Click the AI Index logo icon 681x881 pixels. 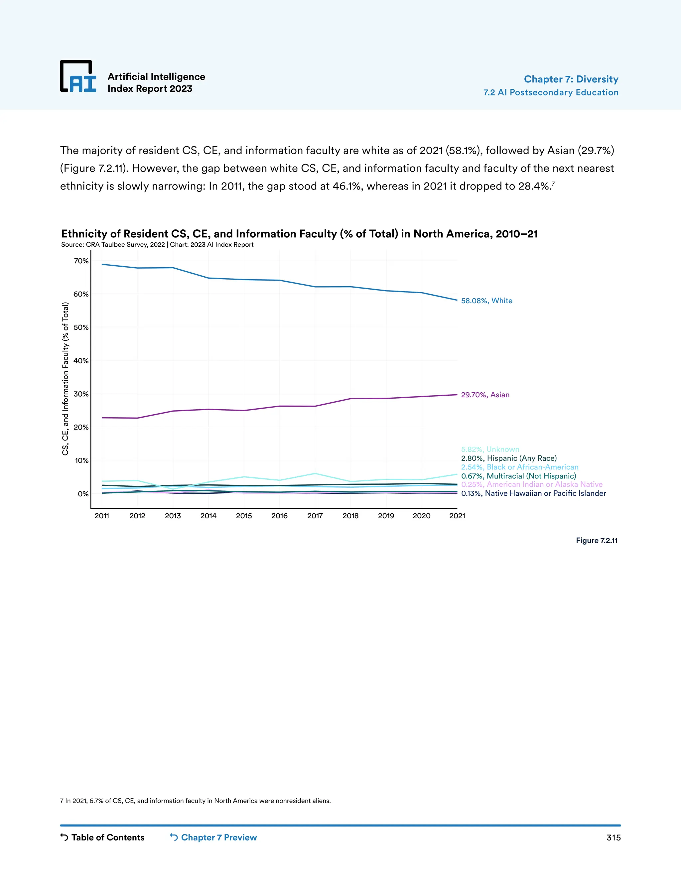click(x=78, y=76)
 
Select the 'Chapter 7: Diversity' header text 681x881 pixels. click(x=571, y=79)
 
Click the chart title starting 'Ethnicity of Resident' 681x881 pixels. click(x=299, y=234)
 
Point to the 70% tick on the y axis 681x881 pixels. click(x=81, y=261)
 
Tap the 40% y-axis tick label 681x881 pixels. click(x=81, y=361)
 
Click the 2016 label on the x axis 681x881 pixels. click(x=279, y=516)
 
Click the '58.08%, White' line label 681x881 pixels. click(x=486, y=301)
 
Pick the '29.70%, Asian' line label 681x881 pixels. click(x=485, y=395)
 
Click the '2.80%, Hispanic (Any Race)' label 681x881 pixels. click(x=509, y=458)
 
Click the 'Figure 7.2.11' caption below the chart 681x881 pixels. click(x=596, y=541)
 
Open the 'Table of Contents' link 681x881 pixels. click(x=102, y=837)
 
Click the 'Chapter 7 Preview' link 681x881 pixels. click(x=213, y=837)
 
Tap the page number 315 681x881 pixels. click(x=613, y=837)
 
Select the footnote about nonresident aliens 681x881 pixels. click(x=195, y=801)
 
